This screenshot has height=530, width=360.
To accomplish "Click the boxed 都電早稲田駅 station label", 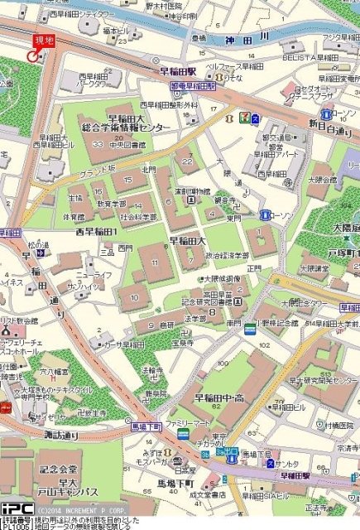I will coord(193,86).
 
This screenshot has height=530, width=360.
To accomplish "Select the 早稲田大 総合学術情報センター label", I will coord(126,123).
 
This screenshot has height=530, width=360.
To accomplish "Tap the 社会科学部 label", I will coord(139,217).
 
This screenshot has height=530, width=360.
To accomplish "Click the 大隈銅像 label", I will coord(222,279).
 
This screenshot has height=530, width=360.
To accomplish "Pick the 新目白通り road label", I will coord(330,127).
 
